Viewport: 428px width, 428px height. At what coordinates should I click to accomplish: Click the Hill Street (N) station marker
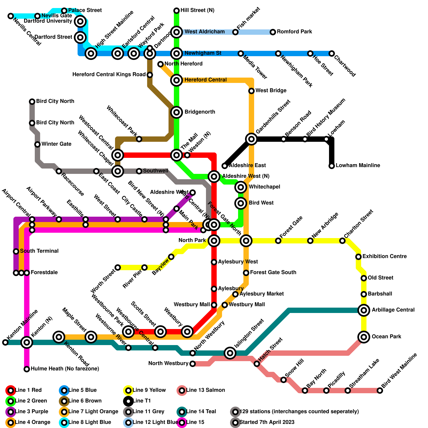click(177, 11)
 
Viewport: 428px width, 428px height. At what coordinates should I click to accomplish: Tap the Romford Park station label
click(294, 32)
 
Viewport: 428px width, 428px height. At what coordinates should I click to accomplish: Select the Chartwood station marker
click(332, 53)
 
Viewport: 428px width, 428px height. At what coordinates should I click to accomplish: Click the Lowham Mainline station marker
click(332, 166)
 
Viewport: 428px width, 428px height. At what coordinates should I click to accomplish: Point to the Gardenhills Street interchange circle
click(251, 139)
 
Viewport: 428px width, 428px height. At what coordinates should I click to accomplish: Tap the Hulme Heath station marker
click(27, 369)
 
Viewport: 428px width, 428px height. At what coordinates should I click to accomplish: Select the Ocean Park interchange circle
click(364, 337)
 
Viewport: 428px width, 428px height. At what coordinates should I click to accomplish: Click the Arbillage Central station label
click(393, 310)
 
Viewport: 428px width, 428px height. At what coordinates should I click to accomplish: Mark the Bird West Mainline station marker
click(380, 391)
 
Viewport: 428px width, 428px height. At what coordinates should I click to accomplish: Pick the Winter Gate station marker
click(37, 144)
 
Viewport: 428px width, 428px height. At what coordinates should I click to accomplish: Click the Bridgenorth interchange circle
click(177, 112)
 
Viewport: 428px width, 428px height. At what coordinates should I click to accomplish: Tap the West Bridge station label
click(271, 91)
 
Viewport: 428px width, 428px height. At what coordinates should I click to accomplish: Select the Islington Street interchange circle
click(230, 353)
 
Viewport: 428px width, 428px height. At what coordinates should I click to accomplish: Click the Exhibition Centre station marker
click(358, 257)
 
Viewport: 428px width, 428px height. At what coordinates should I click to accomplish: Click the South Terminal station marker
click(16, 251)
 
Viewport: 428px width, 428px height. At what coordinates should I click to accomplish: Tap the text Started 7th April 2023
click(267, 422)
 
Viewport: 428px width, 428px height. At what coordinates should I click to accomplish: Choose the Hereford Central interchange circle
click(177, 80)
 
